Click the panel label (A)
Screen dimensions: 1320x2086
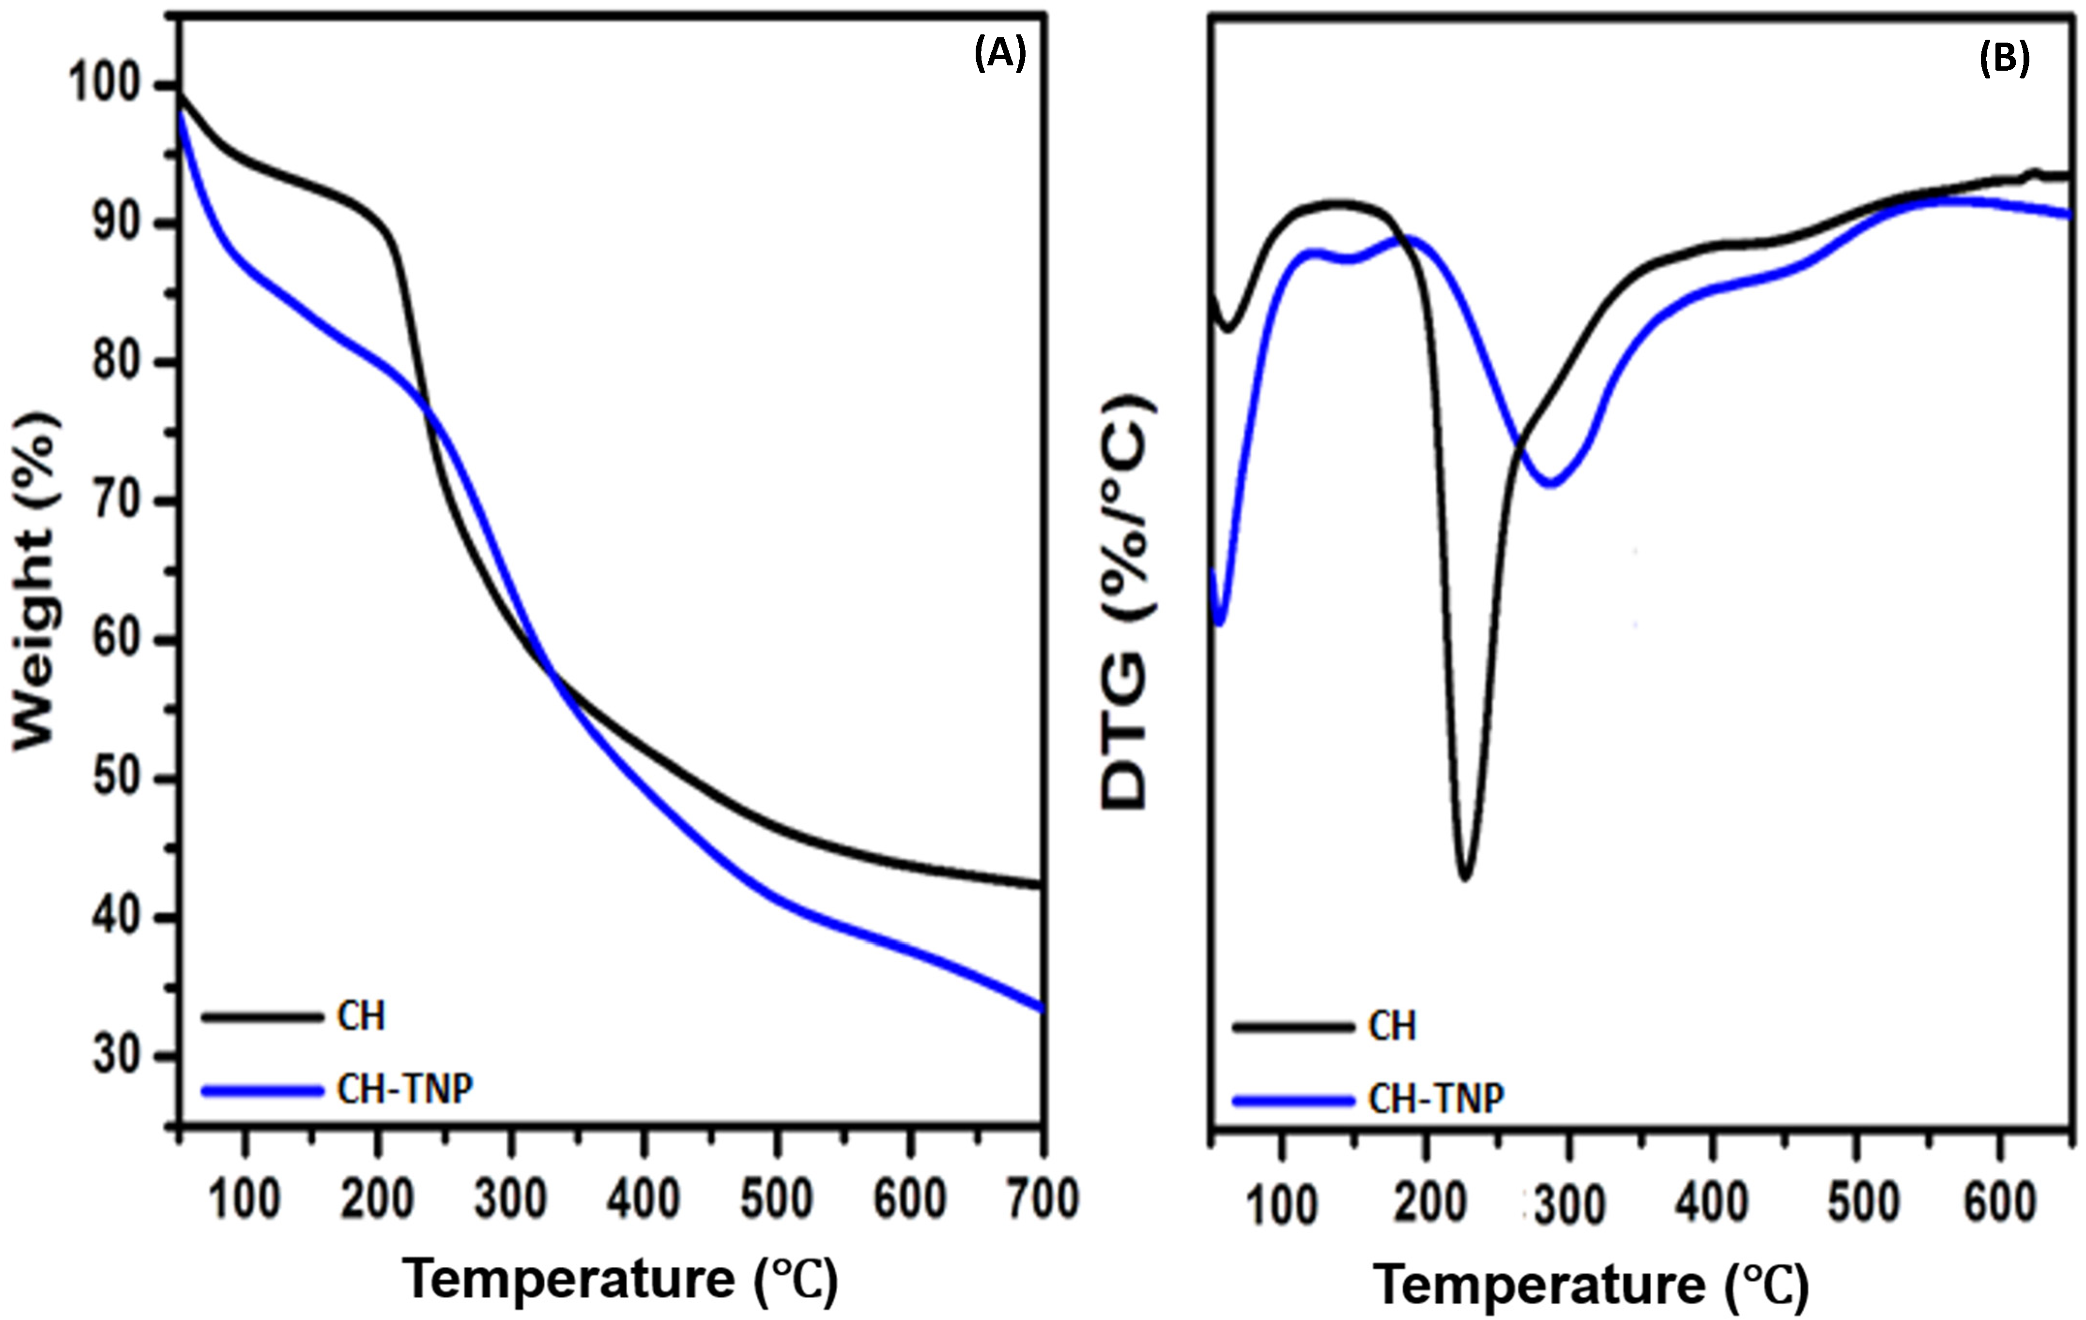click(1000, 55)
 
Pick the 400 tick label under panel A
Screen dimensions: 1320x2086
click(644, 1199)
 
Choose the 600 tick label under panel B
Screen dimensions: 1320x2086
click(1999, 1203)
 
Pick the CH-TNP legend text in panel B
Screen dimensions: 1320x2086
click(1436, 1100)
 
